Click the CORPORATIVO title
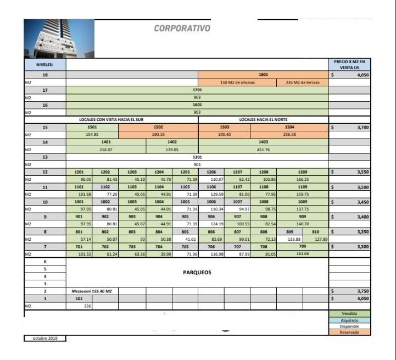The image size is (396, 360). point(182,28)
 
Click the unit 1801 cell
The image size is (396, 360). point(263,74)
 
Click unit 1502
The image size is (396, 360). point(158,127)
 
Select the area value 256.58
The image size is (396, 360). point(289,134)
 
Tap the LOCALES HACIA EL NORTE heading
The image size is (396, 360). point(263,119)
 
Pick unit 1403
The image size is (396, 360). point(263,142)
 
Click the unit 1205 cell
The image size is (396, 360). point(185,172)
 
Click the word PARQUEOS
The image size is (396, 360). point(197,272)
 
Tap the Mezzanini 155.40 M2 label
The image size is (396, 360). point(91,291)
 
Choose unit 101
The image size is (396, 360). point(79,298)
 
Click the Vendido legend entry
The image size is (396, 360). point(349,313)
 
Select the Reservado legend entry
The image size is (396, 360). point(349,332)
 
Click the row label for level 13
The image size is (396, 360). point(45,157)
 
